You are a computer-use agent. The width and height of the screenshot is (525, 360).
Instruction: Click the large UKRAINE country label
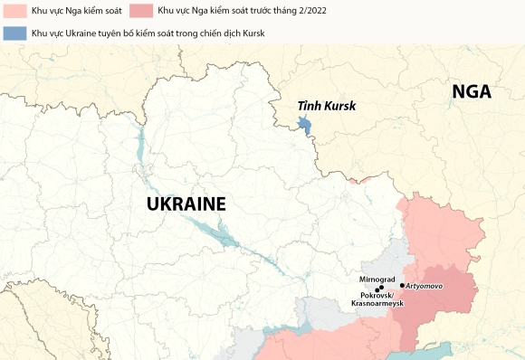186,204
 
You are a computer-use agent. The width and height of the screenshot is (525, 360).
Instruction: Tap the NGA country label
472,91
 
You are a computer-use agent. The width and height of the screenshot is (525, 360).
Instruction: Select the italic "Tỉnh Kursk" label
327,106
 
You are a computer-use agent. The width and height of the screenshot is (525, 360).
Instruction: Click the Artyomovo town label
424,286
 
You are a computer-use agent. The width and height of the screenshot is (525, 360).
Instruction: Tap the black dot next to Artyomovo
402,285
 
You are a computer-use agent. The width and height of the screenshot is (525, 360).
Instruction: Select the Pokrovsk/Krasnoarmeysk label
377,299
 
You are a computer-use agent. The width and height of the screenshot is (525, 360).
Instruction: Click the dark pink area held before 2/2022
448,294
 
